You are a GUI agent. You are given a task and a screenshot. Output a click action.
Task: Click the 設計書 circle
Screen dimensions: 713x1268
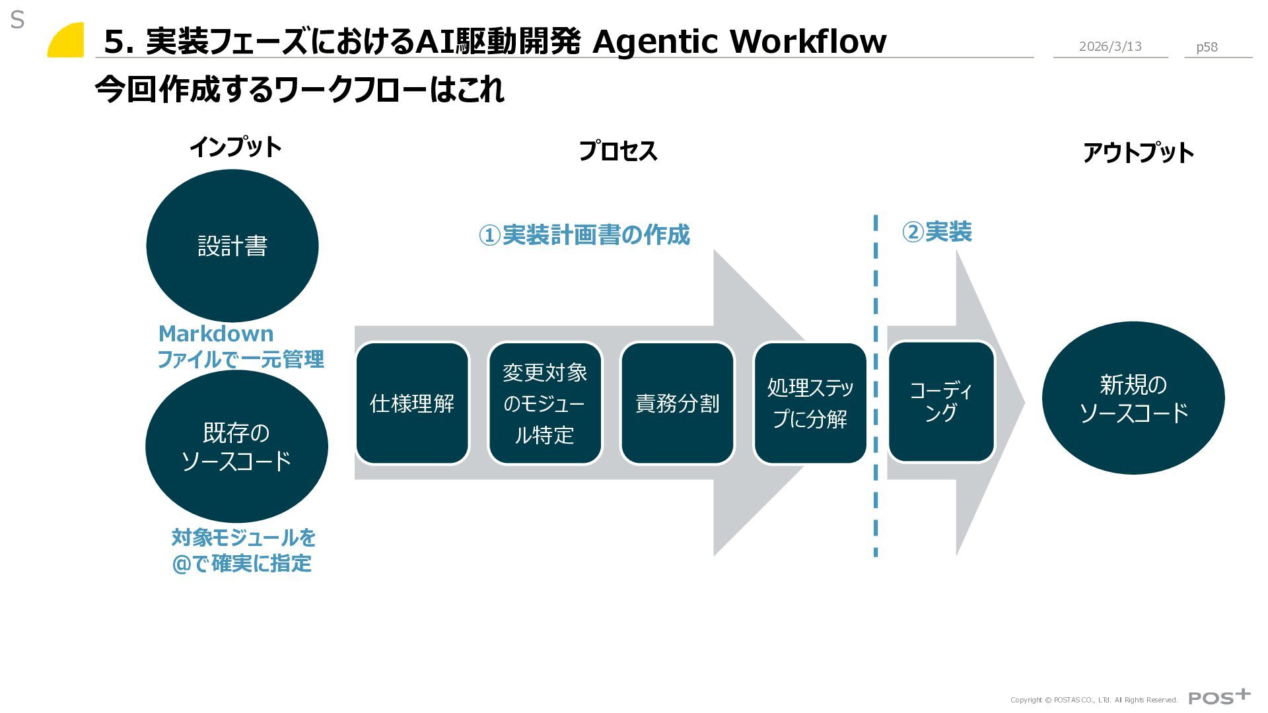tap(232, 246)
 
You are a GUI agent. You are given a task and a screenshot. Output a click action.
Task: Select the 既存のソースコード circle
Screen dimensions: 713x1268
tap(236, 446)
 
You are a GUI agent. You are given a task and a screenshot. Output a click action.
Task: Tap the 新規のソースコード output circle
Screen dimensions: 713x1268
tap(1133, 398)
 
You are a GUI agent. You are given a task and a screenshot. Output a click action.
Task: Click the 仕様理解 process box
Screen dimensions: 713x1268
tap(412, 403)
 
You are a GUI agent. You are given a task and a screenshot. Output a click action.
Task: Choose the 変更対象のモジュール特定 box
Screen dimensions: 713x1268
tap(545, 403)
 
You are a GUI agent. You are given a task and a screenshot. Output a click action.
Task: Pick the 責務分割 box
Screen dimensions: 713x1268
tap(677, 403)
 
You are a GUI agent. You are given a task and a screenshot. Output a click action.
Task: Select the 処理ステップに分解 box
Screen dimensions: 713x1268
tap(810, 403)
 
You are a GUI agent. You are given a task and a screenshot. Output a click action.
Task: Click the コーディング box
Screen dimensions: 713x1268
tap(940, 401)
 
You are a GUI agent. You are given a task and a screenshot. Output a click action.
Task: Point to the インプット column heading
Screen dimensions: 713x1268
tap(235, 147)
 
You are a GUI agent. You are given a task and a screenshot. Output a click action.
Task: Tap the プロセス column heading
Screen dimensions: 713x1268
tap(617, 151)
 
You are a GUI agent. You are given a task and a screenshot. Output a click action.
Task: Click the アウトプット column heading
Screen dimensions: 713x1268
tap(1137, 153)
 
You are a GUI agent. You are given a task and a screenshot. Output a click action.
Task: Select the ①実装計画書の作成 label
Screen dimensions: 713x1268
tap(584, 235)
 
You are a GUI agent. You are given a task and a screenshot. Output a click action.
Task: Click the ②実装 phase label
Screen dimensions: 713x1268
tap(936, 232)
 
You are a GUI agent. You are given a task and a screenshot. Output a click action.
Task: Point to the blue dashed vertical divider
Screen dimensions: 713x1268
tap(876, 386)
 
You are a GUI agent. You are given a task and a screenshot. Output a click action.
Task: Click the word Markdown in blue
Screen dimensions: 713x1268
tap(216, 333)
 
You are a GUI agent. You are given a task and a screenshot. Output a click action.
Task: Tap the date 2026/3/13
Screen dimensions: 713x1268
tap(1109, 46)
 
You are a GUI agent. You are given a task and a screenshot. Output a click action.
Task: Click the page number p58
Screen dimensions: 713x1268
tap(1207, 47)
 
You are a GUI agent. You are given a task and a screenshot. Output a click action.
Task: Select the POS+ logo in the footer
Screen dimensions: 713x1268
tap(1218, 697)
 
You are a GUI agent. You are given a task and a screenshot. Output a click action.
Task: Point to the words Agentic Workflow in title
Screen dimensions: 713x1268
tap(739, 41)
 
